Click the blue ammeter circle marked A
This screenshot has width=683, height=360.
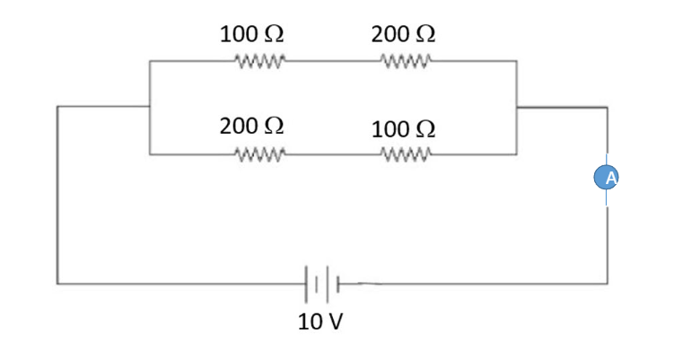click(608, 178)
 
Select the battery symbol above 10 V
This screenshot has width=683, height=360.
click(323, 283)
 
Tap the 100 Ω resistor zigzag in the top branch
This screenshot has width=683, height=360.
click(258, 62)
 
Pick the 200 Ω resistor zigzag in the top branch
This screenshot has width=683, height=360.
click(407, 62)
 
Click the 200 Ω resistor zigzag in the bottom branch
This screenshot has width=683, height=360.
click(258, 154)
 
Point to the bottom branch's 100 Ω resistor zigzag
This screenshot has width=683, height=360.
click(407, 154)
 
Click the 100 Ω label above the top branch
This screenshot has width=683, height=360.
click(252, 34)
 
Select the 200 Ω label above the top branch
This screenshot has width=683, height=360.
click(403, 34)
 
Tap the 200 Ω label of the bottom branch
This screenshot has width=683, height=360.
click(252, 126)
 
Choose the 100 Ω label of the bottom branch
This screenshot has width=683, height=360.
click(403, 128)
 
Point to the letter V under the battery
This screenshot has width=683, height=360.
click(334, 321)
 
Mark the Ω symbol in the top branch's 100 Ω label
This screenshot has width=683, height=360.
click(274, 34)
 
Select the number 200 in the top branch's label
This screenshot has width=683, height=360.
click(390, 34)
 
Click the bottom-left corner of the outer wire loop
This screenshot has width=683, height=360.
click(58, 283)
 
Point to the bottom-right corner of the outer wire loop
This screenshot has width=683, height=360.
click(608, 283)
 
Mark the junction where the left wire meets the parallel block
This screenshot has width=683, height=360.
click(150, 106)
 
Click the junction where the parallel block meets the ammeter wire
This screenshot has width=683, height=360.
click(517, 107)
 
